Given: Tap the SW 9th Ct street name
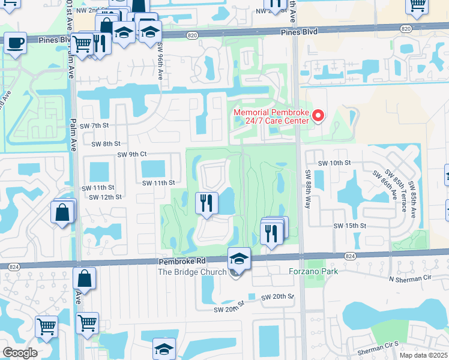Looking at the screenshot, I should pos(131,154).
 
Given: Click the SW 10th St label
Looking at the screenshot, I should pos(334,163).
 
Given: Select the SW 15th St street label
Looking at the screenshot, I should pos(350,226).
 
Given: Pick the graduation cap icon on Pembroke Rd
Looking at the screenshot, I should pos(239,259).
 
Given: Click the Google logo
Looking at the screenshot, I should pos(20,353).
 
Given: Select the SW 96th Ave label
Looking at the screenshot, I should pos(160,60).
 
